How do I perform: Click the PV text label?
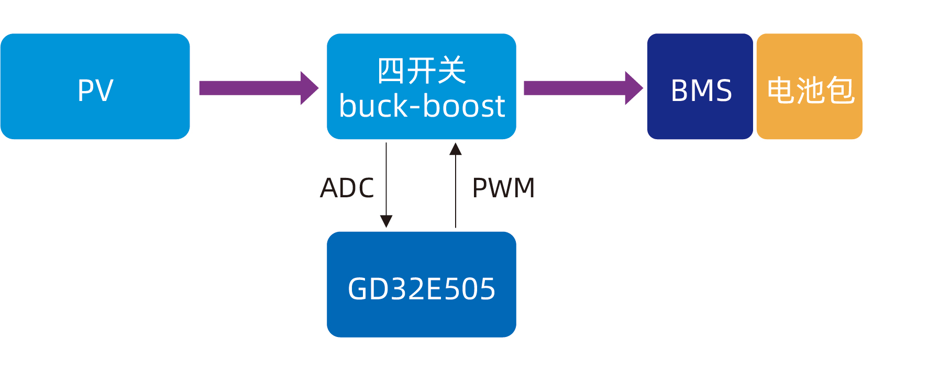coord(95,91)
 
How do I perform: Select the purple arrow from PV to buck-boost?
coord(251,88)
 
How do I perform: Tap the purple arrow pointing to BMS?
coord(576,88)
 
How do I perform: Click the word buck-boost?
coord(422,106)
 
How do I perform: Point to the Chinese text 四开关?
coord(422,71)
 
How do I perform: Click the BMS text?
coord(701,91)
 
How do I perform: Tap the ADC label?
coord(347,188)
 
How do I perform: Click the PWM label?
coord(503,188)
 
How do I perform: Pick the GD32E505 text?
coord(422,289)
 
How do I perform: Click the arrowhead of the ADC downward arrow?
coord(386,221)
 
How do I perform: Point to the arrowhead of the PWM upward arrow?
coord(456,149)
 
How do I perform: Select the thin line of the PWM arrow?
coord(456,194)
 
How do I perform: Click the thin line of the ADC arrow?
coord(386,178)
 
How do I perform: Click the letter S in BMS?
coord(723,91)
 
